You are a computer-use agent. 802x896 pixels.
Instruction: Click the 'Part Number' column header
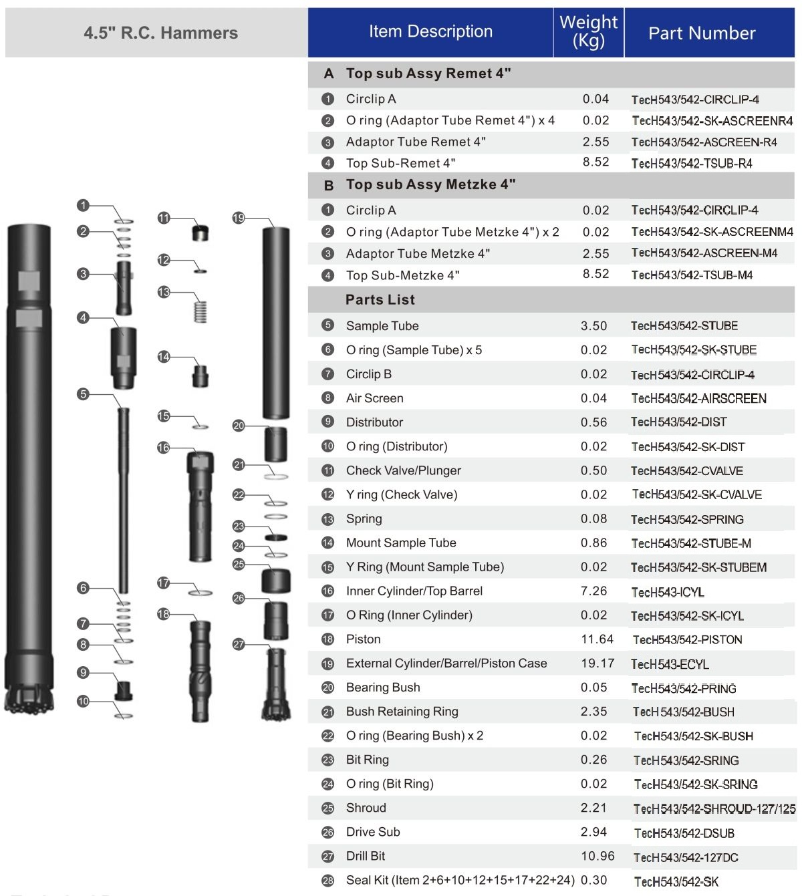point(702,33)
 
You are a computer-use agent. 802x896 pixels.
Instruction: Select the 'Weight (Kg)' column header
point(588,31)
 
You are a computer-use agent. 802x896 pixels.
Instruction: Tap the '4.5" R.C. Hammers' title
point(160,33)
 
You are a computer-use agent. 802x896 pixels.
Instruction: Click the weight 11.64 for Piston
point(597,639)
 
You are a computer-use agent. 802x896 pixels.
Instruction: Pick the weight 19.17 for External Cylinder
point(597,663)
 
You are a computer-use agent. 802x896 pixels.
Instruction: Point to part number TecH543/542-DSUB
point(684,833)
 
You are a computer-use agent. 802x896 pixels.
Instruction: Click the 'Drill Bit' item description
point(366,856)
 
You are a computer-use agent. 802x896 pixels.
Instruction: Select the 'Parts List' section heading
point(380,300)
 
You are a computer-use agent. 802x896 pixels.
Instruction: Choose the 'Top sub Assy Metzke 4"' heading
point(430,184)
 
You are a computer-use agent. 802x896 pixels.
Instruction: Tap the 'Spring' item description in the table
point(364,518)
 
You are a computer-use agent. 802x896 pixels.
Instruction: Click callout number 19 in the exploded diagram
point(239,218)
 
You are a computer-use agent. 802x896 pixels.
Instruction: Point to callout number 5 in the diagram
point(83,394)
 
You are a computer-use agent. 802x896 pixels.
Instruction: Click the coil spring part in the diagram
point(200,311)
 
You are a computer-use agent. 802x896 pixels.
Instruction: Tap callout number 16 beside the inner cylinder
point(164,448)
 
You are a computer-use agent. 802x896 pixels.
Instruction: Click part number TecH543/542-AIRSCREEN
point(698,398)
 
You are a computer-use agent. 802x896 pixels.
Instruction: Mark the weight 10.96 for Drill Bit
point(597,856)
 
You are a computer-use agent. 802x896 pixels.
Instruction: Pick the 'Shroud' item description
point(366,808)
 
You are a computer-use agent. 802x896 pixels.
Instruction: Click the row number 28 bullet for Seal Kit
point(327,881)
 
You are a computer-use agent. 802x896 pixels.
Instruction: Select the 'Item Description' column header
point(430,31)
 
